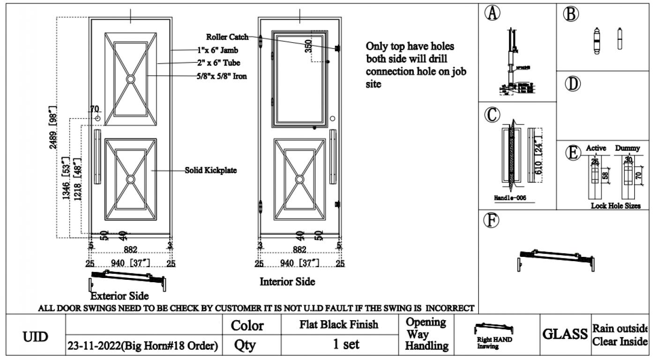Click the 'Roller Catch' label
click(227, 37)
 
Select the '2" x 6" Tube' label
click(220, 63)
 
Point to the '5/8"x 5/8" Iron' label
click(222, 75)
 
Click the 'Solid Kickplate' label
click(210, 170)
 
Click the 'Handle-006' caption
click(510, 198)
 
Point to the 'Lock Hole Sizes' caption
click(616, 205)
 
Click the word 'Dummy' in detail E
click(627, 148)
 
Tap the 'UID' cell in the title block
click(36, 336)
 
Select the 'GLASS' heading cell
click(565, 334)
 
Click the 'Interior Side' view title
click(287, 282)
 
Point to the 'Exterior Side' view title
click(119, 296)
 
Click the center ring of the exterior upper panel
click(130, 80)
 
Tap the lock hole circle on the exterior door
click(97, 118)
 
